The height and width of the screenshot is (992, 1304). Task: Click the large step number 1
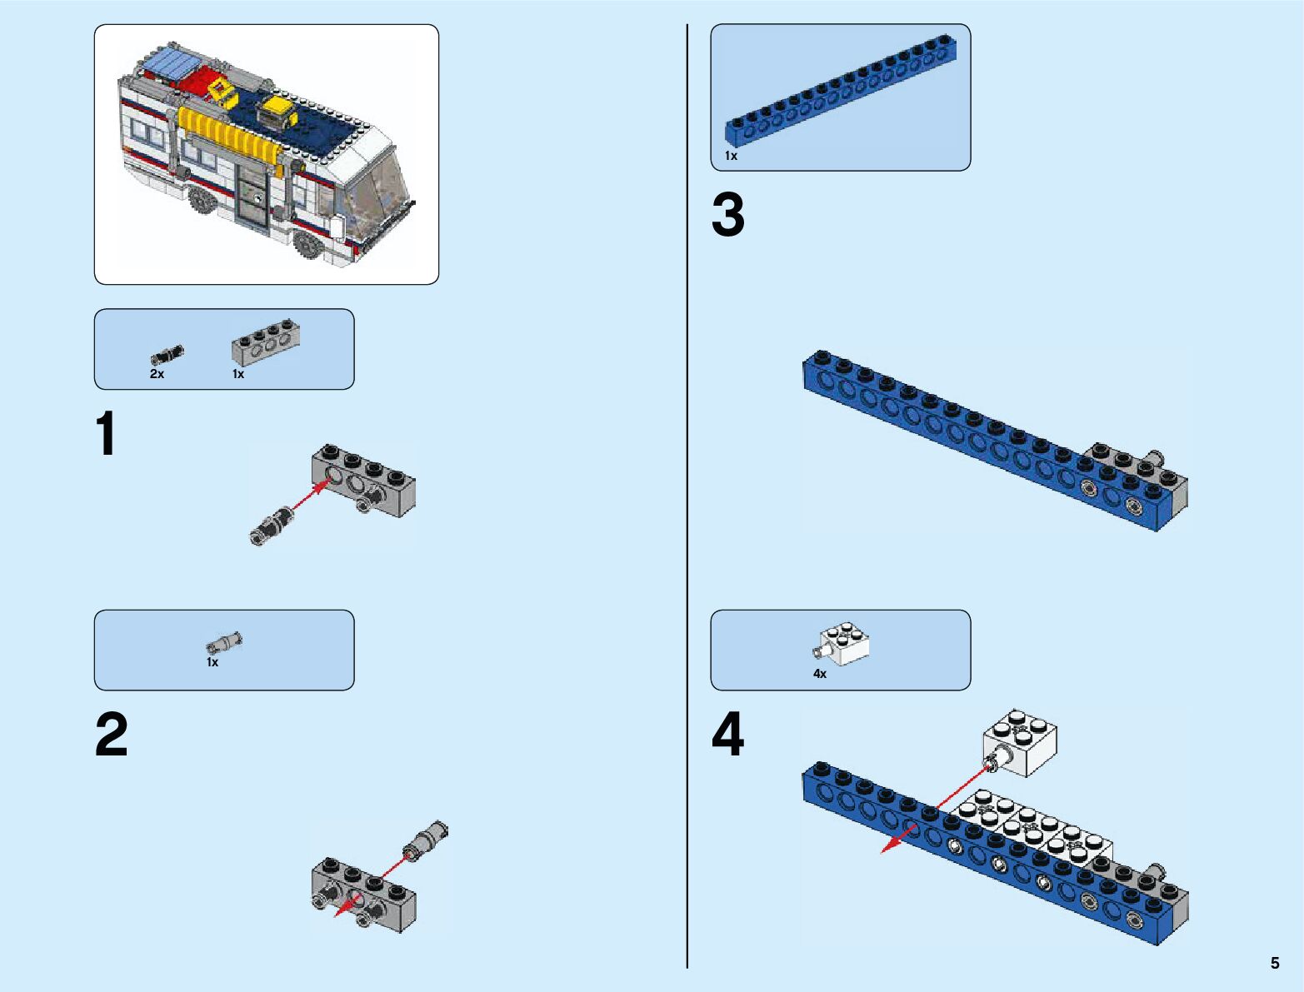coord(106,434)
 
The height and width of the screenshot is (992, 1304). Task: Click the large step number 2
coord(112,735)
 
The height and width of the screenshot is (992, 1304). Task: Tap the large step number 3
coord(728,215)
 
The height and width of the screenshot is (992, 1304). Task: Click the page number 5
coord(1275,963)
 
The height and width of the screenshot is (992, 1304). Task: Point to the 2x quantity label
coord(157,375)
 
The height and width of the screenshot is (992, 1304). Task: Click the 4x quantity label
coord(820,674)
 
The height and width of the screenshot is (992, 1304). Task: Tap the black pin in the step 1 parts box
coord(167,354)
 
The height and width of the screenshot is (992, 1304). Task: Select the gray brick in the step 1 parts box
coord(266,341)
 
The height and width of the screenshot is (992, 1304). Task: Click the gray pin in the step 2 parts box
coord(224,642)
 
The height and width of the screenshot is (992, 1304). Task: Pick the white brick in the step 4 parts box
coord(843,643)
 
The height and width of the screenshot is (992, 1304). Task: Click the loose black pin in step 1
coord(272,526)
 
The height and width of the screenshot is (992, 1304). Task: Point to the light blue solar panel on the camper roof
coord(172,64)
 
